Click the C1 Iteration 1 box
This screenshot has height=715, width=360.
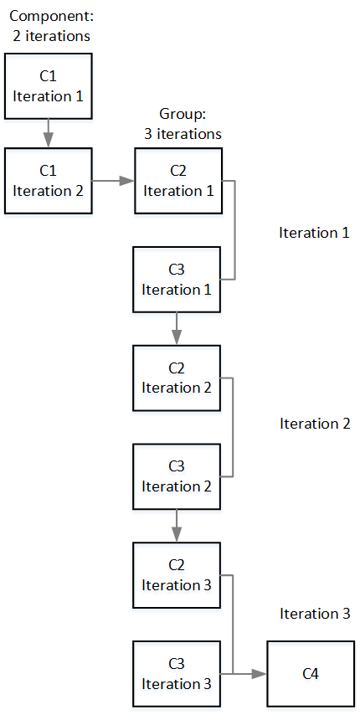[x=49, y=85]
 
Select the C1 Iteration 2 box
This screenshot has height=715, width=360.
[x=49, y=181]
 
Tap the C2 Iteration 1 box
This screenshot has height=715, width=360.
[x=178, y=181]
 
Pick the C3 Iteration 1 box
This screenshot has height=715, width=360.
[x=177, y=279]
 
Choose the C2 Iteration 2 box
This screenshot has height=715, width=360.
[x=177, y=378]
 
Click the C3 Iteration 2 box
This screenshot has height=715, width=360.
[x=177, y=476]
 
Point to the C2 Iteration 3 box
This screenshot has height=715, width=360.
[x=177, y=575]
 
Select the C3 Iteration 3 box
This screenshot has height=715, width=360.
[x=177, y=673]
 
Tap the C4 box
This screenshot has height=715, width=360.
[x=311, y=673]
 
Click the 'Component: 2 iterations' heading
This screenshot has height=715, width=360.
[x=51, y=26]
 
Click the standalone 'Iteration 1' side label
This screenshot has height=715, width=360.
[x=315, y=233]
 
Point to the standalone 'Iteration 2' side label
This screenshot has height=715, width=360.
[x=315, y=424]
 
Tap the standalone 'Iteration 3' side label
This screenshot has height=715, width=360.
[x=315, y=614]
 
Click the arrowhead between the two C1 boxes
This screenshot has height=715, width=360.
[x=49, y=140]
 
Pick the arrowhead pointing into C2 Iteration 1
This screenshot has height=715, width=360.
[x=127, y=181]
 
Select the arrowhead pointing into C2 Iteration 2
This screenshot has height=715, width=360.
[x=177, y=337]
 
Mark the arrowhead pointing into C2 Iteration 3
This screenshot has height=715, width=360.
[x=177, y=535]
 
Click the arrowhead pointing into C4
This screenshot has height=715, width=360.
[x=259, y=674]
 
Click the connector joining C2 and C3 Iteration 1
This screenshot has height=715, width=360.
[x=235, y=229]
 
